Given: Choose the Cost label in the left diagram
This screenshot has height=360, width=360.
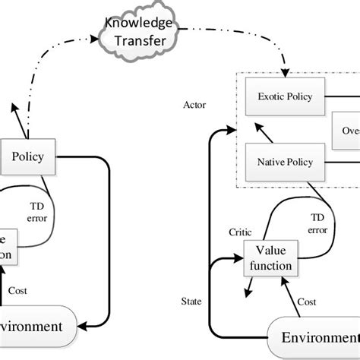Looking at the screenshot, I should click(x=17, y=289).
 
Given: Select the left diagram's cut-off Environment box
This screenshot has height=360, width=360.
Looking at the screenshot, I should click(x=34, y=327).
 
